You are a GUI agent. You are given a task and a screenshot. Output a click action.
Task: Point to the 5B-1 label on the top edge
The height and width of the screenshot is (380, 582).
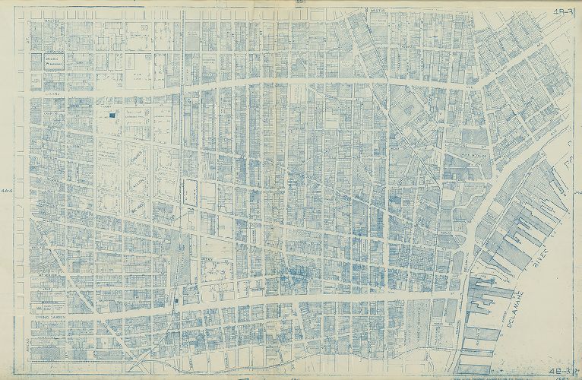coord(299,4)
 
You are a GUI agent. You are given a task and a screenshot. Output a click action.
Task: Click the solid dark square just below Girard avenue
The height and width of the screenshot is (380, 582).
coord(113,115)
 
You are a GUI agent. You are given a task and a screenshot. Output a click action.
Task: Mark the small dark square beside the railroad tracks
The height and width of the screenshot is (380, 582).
coord(176,301)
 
